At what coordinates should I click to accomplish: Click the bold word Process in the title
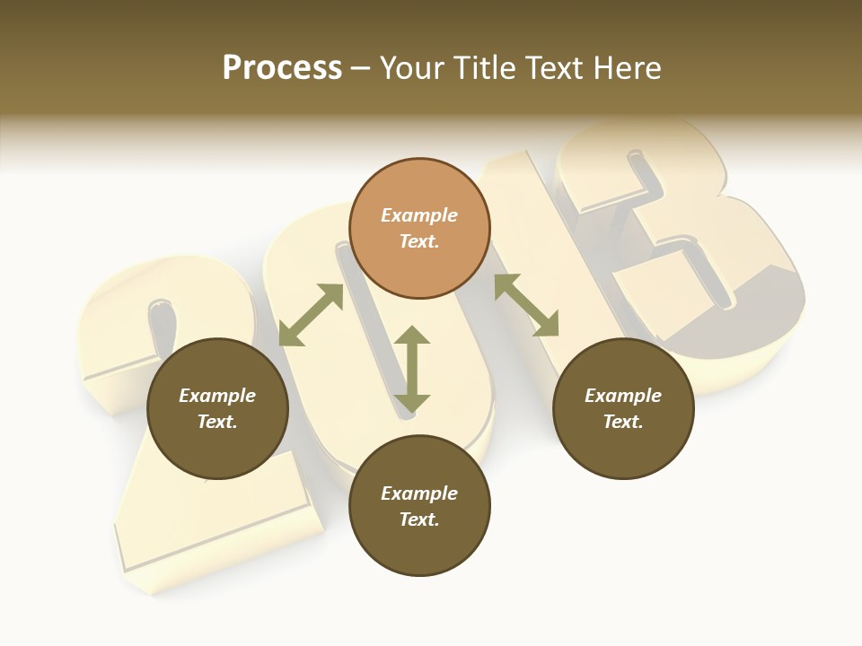(x=282, y=68)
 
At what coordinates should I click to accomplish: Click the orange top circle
(x=419, y=228)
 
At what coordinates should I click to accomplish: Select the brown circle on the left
(x=217, y=408)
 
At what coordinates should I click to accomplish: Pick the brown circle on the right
(x=623, y=408)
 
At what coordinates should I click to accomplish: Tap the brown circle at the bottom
(x=419, y=506)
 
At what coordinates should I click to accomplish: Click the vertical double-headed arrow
(x=412, y=370)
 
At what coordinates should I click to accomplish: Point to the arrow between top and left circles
(x=312, y=315)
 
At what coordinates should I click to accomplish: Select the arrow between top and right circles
(x=526, y=305)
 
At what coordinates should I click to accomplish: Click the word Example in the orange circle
(x=419, y=215)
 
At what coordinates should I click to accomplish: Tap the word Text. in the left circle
(x=217, y=422)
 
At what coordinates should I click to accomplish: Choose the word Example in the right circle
(x=623, y=396)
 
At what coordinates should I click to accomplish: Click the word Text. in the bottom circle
(x=419, y=519)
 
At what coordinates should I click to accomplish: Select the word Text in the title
(x=556, y=68)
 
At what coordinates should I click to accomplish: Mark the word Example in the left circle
(x=217, y=396)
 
